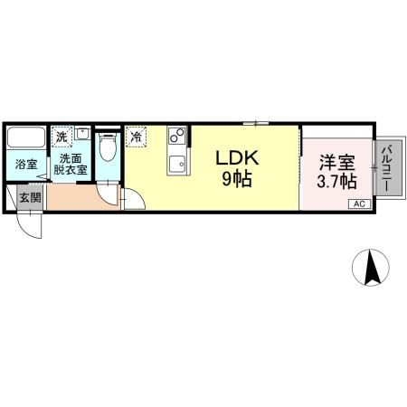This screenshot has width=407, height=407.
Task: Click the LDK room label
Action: click(x=237, y=157)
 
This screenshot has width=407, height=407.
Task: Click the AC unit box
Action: click(x=357, y=204)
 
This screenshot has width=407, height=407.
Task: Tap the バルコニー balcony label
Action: click(x=385, y=167)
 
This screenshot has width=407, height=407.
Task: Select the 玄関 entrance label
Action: click(x=29, y=197)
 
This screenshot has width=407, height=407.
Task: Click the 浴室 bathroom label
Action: click(x=25, y=165)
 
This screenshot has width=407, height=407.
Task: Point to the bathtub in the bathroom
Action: click(x=25, y=140)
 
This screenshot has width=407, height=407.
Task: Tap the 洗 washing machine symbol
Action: click(x=61, y=137)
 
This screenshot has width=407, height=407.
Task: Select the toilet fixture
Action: click(x=108, y=146)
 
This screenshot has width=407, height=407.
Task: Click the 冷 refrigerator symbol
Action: click(x=136, y=137)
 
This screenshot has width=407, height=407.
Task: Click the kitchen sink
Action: click(x=175, y=165)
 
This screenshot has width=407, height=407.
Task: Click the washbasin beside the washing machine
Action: click(x=81, y=135)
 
